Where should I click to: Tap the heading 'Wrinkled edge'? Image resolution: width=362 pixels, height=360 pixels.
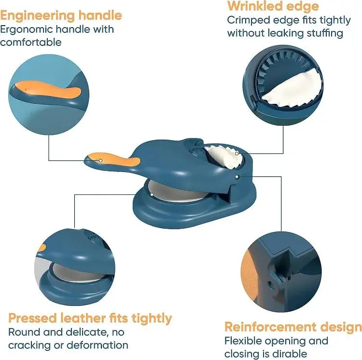273,6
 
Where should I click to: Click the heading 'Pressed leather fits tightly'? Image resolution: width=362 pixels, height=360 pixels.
90,318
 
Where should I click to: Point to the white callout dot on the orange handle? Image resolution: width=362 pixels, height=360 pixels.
101,160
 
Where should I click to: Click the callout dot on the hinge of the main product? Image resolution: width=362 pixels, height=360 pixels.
237,177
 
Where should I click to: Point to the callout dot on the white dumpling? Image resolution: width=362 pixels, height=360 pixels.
237,153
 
